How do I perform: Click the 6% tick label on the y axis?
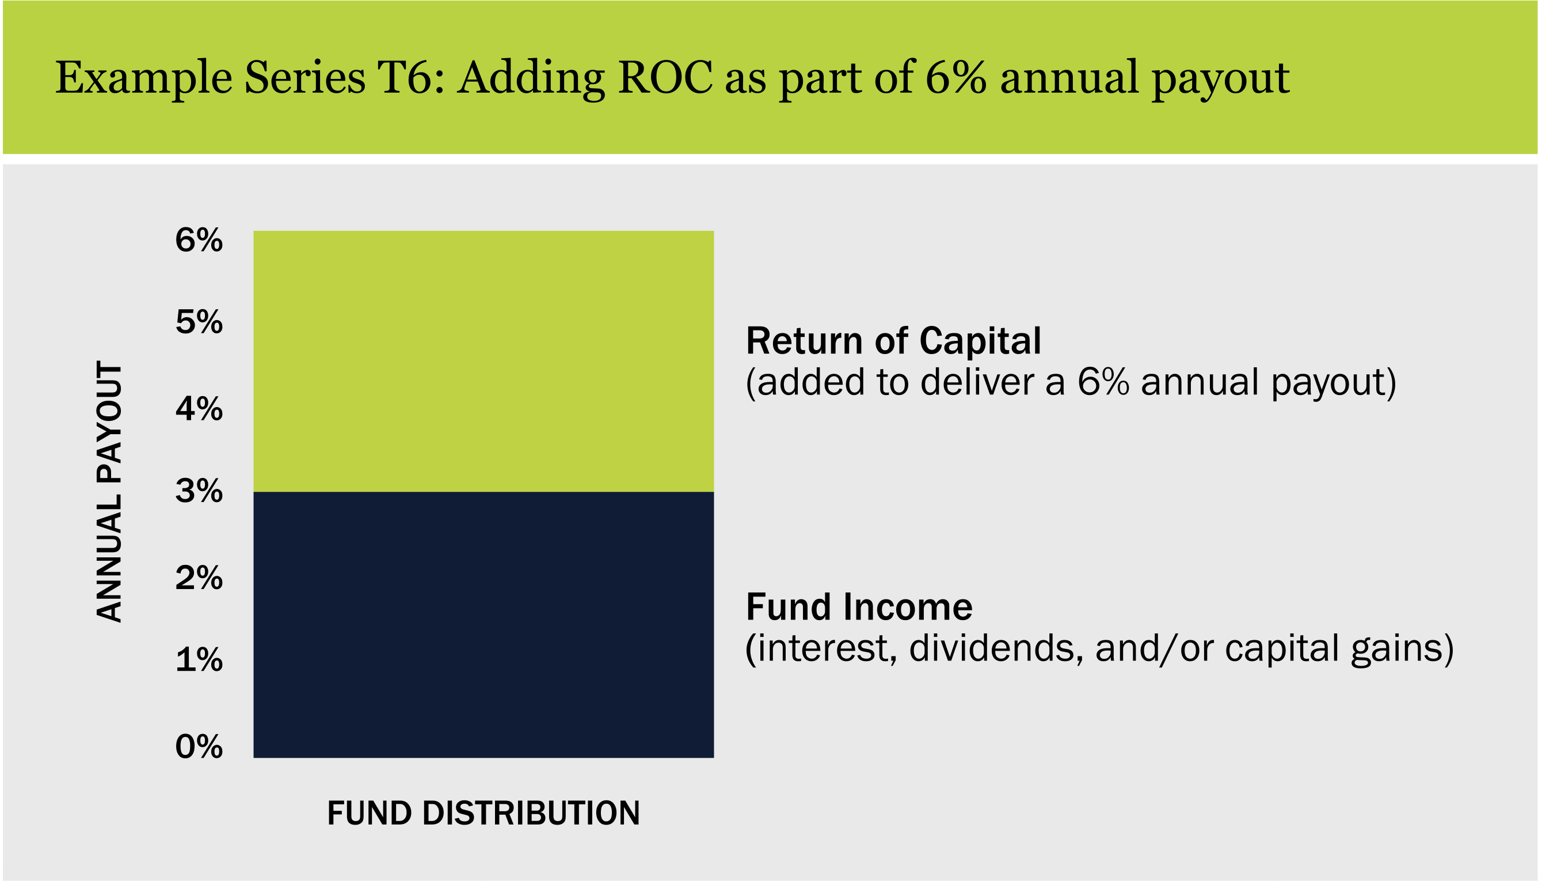199,240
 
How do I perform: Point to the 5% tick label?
199,322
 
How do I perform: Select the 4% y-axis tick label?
199,409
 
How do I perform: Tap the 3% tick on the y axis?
199,491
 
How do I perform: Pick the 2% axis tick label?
199,578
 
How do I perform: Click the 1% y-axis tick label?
199,660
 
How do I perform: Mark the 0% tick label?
199,747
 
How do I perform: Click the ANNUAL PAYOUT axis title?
110,492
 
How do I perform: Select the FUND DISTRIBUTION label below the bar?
483,813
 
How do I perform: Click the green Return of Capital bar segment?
483,362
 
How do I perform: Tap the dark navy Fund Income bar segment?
483,625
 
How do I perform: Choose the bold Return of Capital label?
893,341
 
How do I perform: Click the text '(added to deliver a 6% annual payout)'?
1071,383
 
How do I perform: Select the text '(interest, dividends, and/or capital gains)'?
1100,649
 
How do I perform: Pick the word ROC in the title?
665,78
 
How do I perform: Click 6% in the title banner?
955,78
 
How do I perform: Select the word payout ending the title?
1221,80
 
